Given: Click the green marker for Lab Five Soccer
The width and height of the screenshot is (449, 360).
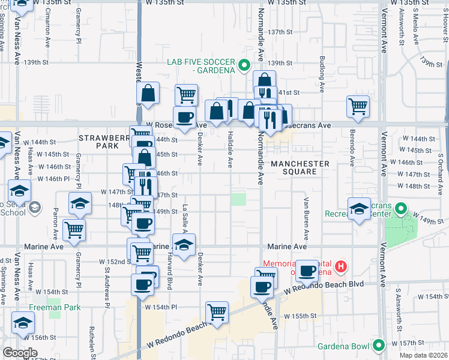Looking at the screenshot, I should click(244, 65).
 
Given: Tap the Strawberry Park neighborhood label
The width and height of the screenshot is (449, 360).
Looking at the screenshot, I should click(103, 142).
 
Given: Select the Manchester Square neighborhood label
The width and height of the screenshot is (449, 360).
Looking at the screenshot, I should click(300, 167).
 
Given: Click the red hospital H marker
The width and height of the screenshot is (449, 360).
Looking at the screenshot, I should click(341, 266).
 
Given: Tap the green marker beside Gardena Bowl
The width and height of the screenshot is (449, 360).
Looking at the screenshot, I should click(378, 345).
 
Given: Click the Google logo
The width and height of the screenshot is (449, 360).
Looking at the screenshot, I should click(20, 353).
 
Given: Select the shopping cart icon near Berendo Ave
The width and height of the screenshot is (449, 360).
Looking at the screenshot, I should click(358, 106).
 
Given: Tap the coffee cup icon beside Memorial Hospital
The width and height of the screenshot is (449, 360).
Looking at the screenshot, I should click(307, 271).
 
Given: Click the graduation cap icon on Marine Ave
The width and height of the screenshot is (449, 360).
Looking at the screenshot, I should click(184, 245).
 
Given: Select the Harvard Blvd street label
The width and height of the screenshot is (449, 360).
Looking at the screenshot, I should click(170, 275).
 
